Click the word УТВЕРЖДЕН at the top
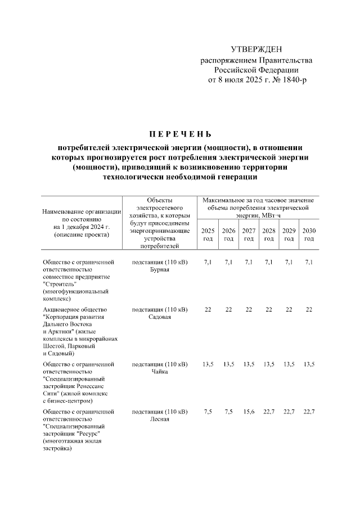(x=257, y=51)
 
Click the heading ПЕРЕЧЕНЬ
(x=179, y=134)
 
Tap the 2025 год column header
(x=208, y=235)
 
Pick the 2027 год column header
(x=248, y=235)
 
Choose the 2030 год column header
(x=309, y=235)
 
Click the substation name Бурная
(x=160, y=270)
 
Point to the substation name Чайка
(x=160, y=372)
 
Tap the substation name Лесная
(x=160, y=420)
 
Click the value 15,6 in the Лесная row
(x=248, y=412)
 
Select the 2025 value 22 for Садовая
(x=208, y=310)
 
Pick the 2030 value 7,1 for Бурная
(x=309, y=263)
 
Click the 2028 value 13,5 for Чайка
(x=268, y=365)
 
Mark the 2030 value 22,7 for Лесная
(x=309, y=412)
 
